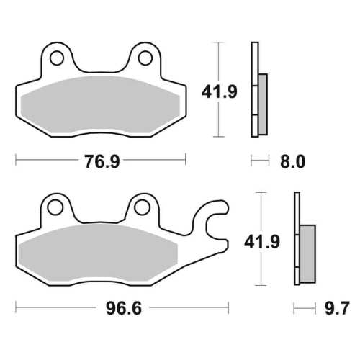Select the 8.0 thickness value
click(x=292, y=161)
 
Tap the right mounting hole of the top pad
click(x=144, y=57)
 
